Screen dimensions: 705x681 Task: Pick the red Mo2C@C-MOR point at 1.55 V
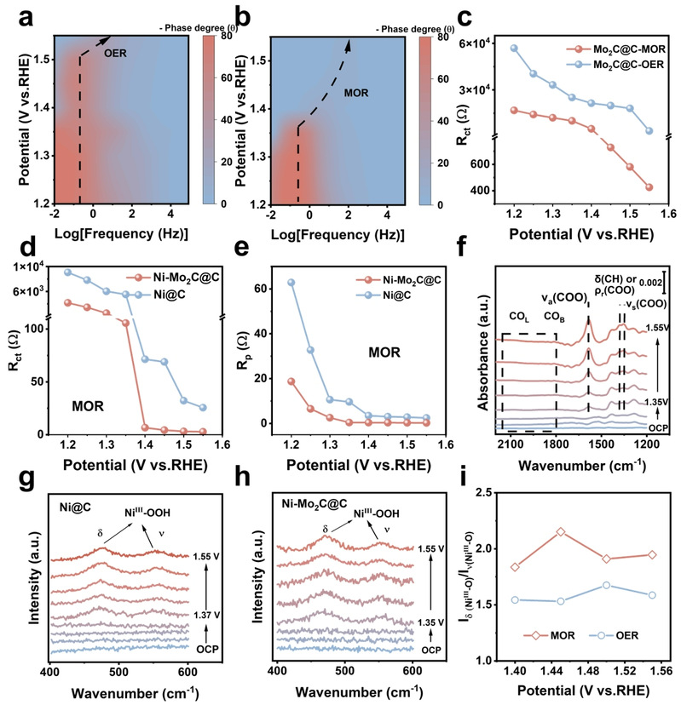(649, 187)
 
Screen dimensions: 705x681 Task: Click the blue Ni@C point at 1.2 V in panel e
(291, 283)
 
